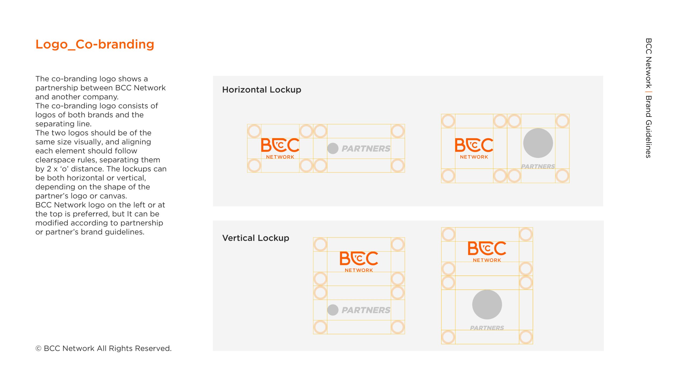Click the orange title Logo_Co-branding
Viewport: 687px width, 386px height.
(x=95, y=44)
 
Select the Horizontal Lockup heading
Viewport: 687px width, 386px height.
(x=262, y=90)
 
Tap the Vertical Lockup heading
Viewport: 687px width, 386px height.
(x=256, y=238)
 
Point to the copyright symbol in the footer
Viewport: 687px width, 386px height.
(x=38, y=348)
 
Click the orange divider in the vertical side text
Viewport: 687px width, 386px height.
(x=648, y=92)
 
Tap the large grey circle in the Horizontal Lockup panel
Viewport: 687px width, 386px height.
(x=538, y=143)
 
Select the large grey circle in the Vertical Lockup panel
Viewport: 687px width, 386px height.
(x=487, y=305)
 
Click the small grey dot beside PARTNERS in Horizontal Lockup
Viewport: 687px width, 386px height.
(x=333, y=149)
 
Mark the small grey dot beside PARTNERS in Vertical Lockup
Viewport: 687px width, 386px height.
(x=333, y=310)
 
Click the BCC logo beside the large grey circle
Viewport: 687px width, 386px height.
(x=474, y=149)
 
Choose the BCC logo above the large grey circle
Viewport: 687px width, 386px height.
(x=487, y=251)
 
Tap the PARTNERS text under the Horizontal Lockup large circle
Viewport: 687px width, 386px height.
(x=538, y=166)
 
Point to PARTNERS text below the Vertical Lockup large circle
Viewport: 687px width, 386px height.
(x=487, y=328)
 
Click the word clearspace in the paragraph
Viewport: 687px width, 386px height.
(x=55, y=160)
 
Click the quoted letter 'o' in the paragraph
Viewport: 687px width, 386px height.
(x=64, y=169)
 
